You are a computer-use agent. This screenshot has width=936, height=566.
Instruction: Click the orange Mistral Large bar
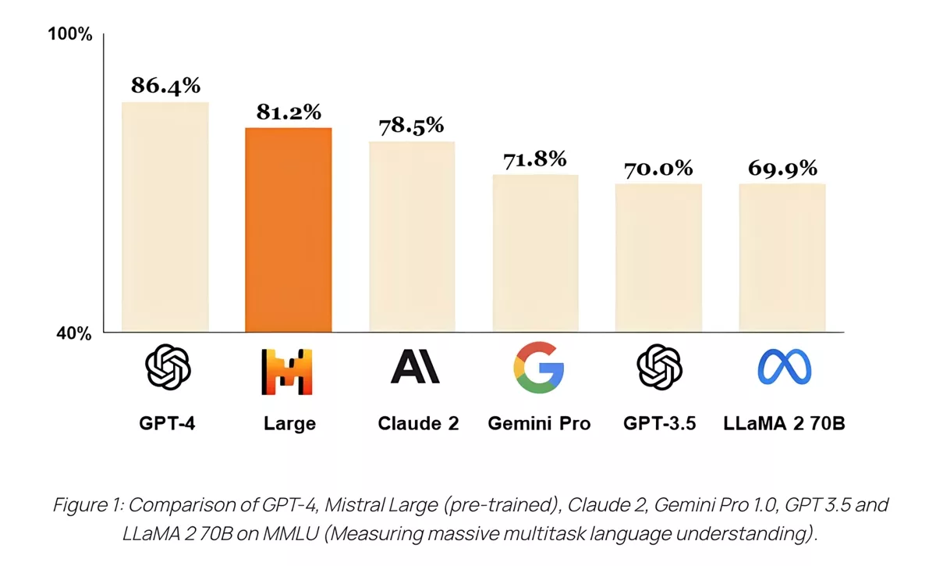289,230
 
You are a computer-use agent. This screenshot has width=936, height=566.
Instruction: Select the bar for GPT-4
165,217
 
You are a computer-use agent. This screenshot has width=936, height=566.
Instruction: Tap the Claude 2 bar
412,237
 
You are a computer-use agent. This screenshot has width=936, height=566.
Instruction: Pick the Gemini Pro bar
535,253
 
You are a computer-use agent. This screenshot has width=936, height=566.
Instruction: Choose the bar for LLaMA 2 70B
782,258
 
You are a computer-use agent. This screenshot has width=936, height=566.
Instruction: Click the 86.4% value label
165,85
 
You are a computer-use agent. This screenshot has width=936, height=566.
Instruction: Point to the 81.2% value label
289,112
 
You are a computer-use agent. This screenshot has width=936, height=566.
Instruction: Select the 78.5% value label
411,125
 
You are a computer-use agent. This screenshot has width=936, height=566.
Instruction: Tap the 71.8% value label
534,159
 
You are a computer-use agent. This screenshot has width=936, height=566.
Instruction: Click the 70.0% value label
658,168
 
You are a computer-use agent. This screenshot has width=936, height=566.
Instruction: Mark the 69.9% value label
782,168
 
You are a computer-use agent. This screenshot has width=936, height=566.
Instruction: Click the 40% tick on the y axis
74,333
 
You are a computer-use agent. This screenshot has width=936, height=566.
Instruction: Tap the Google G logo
538,367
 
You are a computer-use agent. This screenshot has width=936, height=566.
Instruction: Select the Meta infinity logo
784,368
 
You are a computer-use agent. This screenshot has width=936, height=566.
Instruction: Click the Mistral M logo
286,370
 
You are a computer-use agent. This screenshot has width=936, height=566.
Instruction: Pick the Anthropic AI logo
415,367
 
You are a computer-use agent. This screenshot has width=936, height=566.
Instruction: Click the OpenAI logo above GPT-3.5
659,367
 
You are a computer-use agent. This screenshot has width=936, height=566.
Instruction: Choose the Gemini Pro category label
539,424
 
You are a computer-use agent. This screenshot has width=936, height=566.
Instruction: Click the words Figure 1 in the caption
84,505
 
